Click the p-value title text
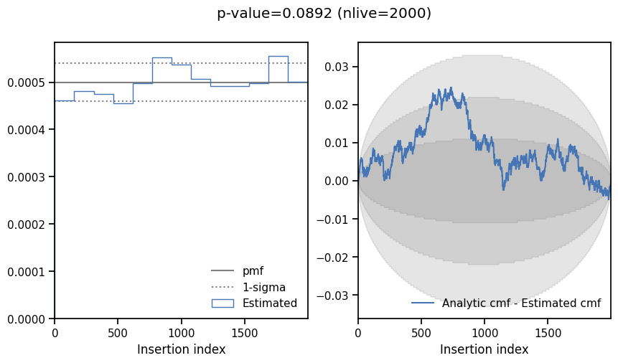click(324, 14)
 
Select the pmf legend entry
click(253, 271)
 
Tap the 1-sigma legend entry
click(263, 287)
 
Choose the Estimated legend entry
click(269, 303)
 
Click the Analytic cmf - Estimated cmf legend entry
click(521, 303)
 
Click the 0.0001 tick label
click(27, 272)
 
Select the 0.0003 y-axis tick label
click(27, 177)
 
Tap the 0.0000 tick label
click(27, 319)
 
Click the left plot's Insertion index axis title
click(181, 349)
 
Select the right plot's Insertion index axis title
click(484, 349)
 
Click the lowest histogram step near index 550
click(123, 103)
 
